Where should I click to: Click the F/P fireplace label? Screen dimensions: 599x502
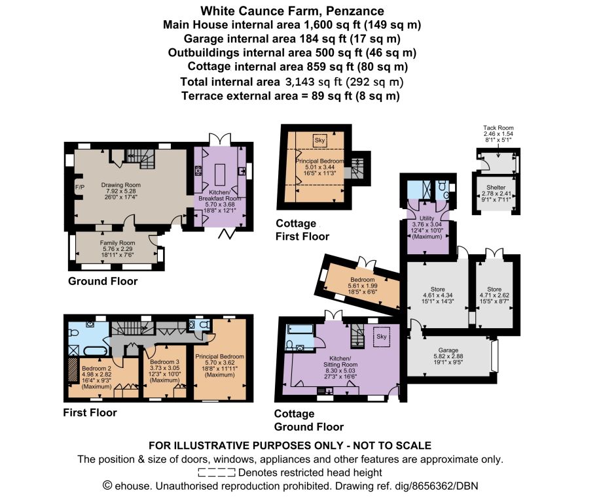pos(79,188)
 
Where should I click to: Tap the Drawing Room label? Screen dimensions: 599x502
pos(120,185)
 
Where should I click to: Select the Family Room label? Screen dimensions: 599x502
pos(117,243)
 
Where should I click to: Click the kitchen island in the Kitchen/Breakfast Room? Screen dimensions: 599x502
pos(221,175)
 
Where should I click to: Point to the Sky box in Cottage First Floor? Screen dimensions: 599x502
pos(319,141)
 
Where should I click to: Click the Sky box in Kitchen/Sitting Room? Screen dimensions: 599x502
pos(381,337)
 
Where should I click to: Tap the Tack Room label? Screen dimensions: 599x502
pos(498,128)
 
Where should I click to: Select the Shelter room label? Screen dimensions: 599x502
pos(496,188)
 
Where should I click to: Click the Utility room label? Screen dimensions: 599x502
pos(427,218)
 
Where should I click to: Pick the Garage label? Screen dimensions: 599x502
pos(448,350)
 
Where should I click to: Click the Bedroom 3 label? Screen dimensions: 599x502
pos(164,361)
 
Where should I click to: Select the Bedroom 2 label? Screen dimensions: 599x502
pos(97,369)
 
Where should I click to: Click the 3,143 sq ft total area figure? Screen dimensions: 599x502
pos(314,82)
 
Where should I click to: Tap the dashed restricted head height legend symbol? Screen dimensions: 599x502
pos(217,473)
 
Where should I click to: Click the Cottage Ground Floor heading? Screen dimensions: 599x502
pos(309,420)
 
